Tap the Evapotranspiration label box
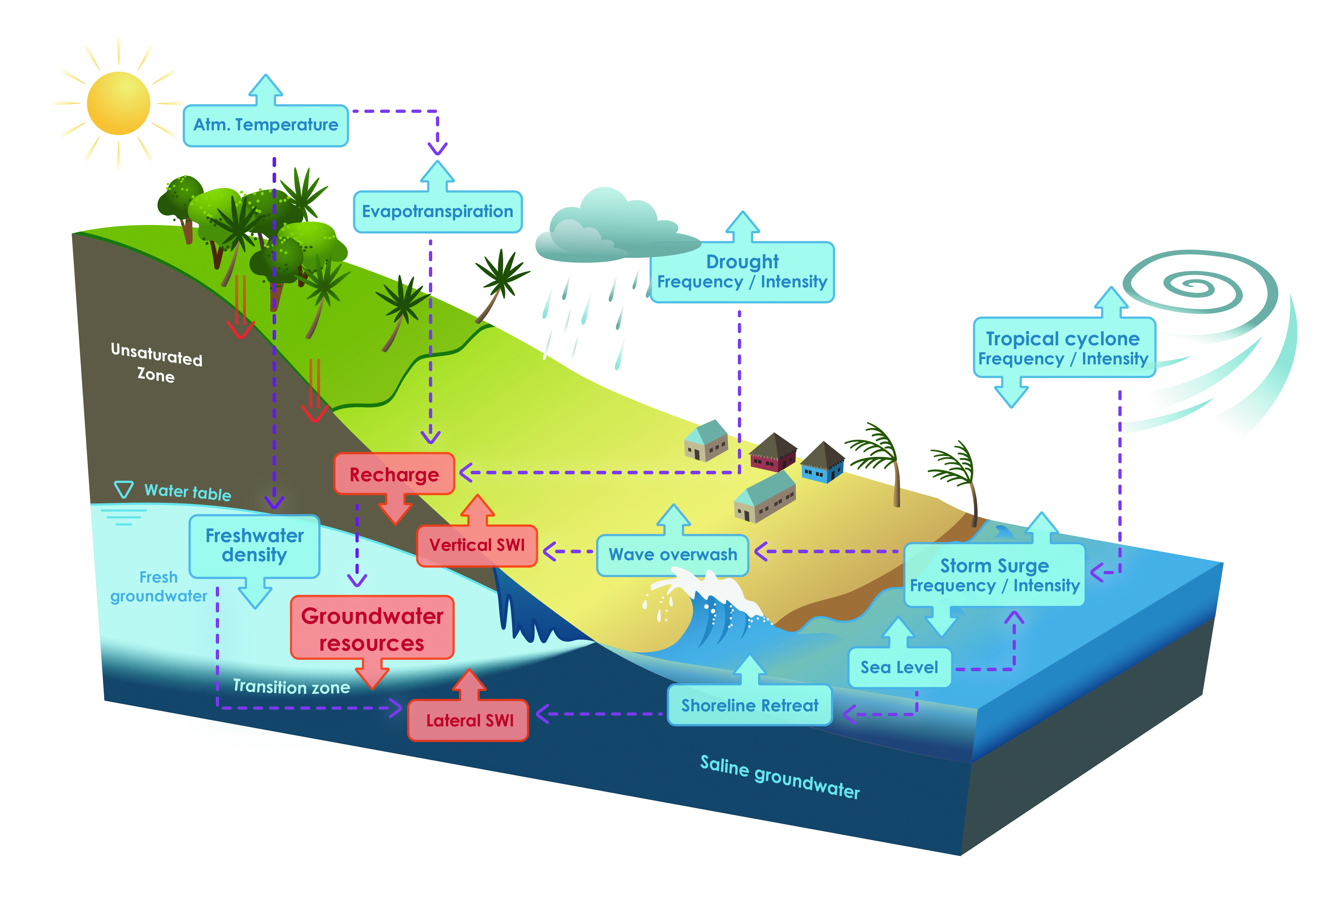437,211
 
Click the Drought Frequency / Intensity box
742,272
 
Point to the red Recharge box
394,474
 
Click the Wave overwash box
673,555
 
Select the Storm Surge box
994,575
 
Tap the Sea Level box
899,667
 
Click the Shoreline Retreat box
750,705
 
